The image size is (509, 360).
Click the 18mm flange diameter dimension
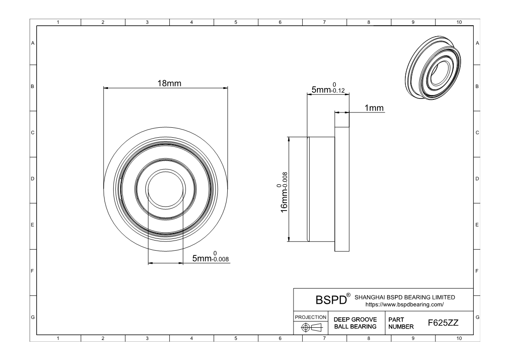pos(169,84)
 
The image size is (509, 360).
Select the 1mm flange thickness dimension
pos(374,108)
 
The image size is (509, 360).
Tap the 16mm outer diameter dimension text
pos(284,192)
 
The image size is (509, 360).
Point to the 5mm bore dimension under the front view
pos(210,257)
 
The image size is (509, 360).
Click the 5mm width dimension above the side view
pos(328,88)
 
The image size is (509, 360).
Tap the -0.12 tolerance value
pos(338,91)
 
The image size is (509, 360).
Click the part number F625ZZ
pos(443,323)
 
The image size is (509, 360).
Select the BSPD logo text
pos(331,300)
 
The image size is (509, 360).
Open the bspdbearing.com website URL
pos(405,305)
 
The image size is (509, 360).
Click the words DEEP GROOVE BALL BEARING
pos(355,323)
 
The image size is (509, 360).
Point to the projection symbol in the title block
pos(311,327)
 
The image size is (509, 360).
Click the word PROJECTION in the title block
pos(310,317)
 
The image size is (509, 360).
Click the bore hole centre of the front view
pos(165,189)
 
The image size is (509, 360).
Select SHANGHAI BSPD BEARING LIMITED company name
pos(405,297)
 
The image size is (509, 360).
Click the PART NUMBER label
pos(401,323)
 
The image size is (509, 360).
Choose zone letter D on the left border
pos(33,179)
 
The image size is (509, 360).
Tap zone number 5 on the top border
pos(236,22)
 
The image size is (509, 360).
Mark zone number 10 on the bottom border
pos(459,338)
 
